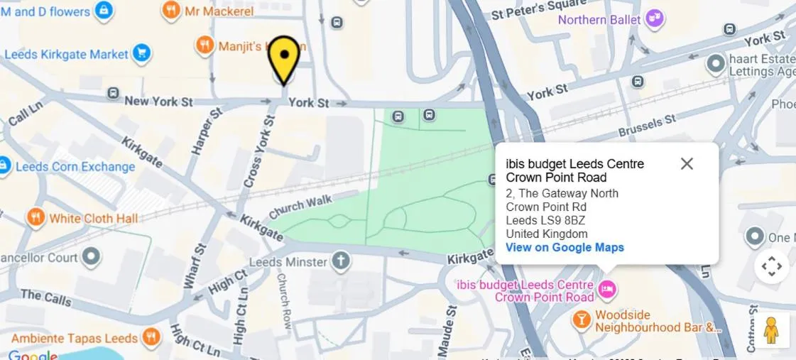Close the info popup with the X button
687,164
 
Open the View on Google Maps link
565,248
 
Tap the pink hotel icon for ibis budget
607,289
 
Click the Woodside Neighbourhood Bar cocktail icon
582,320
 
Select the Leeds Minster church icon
342,261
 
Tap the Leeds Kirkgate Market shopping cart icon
142,53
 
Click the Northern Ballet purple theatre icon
655,18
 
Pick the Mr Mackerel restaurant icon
170,10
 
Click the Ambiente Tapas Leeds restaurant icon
151,337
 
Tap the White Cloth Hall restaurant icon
36,217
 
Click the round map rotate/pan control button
771,267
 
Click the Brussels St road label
647,126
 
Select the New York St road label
158,102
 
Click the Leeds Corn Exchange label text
75,167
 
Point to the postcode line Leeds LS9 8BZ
545,220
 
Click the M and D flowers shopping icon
104,11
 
